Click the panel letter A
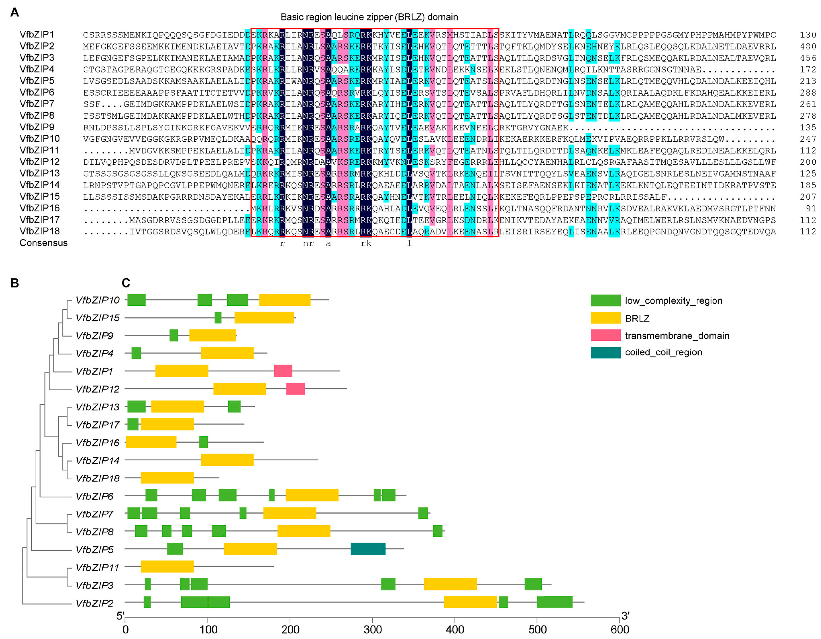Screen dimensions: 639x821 click(15, 12)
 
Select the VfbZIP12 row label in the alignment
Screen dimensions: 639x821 click(39, 162)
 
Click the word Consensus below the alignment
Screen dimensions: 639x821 click(43, 243)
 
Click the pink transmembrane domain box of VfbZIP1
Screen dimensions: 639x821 click(283, 371)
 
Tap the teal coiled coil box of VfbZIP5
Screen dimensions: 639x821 click(368, 549)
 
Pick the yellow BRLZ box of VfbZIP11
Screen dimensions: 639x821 click(167, 567)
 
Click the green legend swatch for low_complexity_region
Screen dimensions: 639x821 click(606, 301)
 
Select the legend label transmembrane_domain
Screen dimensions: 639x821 click(677, 336)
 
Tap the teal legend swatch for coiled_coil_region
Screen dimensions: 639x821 click(606, 352)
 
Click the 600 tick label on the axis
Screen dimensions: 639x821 click(619, 630)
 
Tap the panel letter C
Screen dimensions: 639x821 click(126, 283)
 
